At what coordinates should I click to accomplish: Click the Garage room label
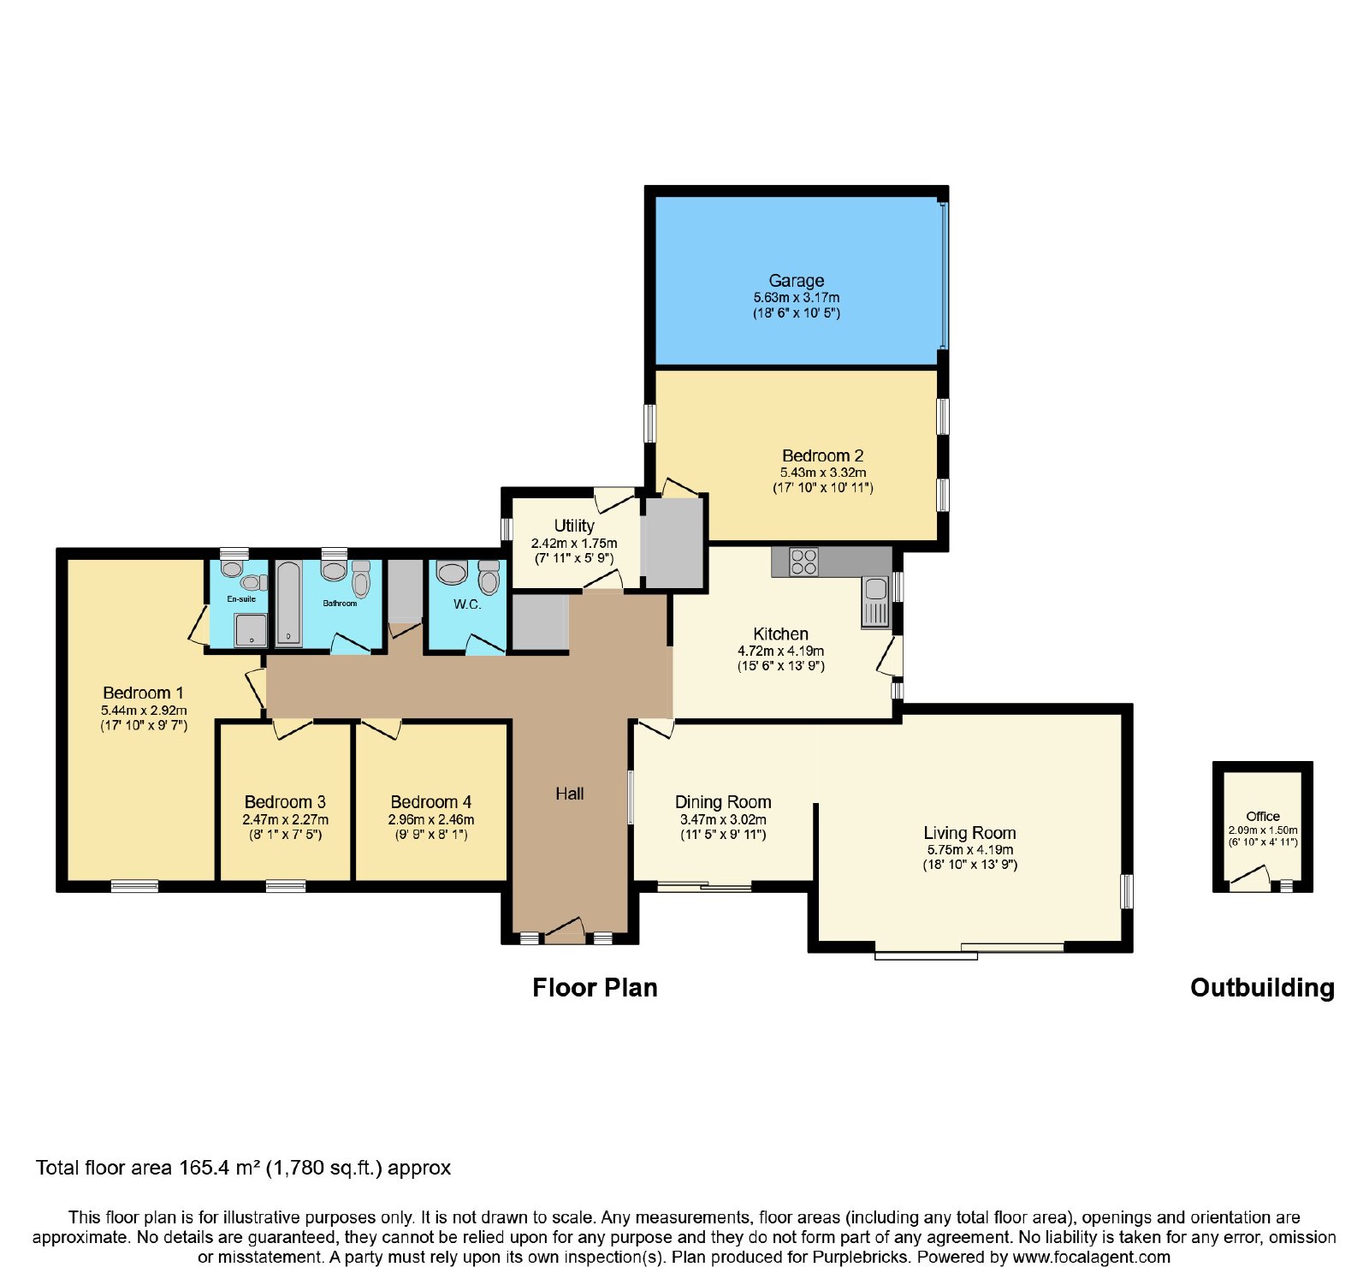[x=797, y=281]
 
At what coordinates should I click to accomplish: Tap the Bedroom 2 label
[x=823, y=455]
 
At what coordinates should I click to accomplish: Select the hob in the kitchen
[x=803, y=562]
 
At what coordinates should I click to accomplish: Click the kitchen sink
[x=875, y=601]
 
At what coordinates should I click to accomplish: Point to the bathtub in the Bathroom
[x=288, y=604]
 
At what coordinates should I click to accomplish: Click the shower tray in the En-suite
[x=251, y=630]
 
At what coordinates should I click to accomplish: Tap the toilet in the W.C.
[x=489, y=578]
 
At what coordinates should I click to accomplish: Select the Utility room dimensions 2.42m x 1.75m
[x=574, y=544]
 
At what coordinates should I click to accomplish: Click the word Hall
[x=570, y=794]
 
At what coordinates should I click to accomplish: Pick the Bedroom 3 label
[x=285, y=802]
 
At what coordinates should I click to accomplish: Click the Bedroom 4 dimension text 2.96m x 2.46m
[x=431, y=819]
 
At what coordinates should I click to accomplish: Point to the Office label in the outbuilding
[x=1263, y=817]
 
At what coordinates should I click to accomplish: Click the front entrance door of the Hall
[x=565, y=931]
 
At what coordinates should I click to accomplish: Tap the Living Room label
[x=969, y=833]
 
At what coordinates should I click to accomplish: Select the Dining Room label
[x=723, y=802]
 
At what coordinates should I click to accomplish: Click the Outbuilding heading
[x=1262, y=988]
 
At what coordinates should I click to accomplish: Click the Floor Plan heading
[x=595, y=988]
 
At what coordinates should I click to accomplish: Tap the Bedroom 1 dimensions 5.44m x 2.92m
[x=144, y=711]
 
